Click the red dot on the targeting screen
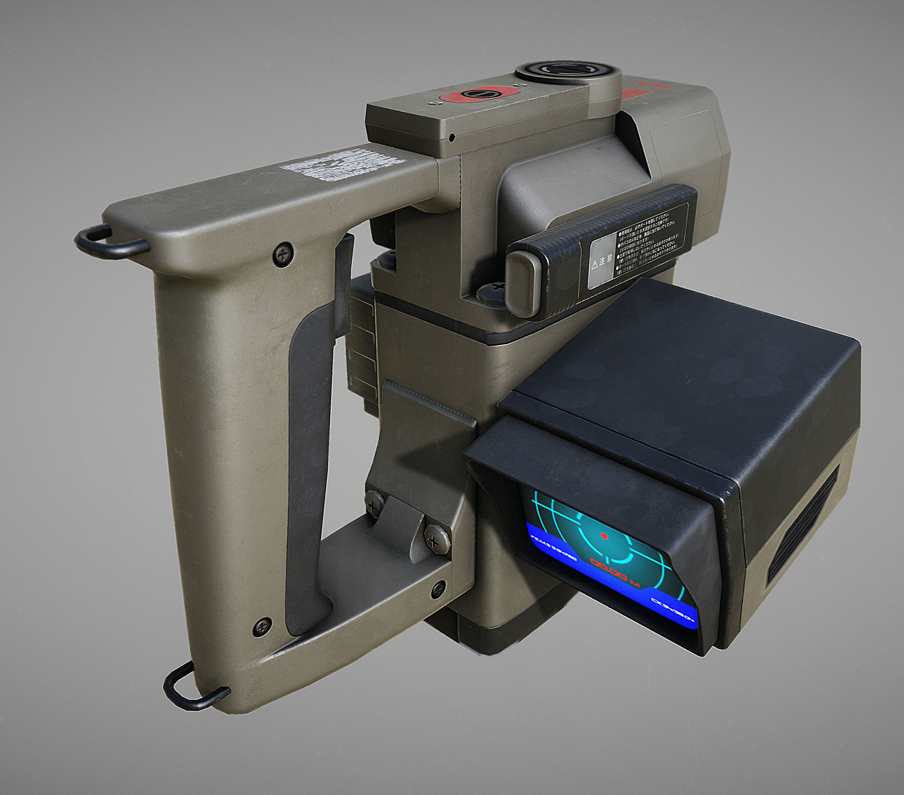click(x=604, y=536)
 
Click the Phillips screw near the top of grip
click(x=283, y=255)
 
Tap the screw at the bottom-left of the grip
click(x=262, y=627)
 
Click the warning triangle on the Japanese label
click(x=595, y=264)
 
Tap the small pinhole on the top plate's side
click(x=452, y=138)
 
